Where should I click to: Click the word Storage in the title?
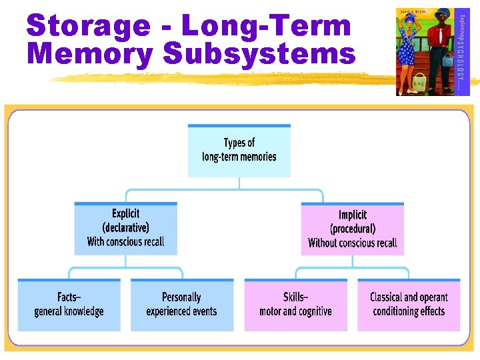[88, 26]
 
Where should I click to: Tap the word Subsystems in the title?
[259, 54]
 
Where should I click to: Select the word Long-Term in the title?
[266, 26]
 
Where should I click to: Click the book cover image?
[433, 51]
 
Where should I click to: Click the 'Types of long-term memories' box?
[239, 151]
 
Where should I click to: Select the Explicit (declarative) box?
[125, 228]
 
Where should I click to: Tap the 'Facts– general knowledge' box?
[69, 305]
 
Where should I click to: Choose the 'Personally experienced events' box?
[181, 305]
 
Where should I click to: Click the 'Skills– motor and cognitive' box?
[295, 305]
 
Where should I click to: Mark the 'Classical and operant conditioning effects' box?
[409, 305]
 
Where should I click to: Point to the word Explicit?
[125, 213]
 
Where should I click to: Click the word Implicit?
[352, 215]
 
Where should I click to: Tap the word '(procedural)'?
[352, 229]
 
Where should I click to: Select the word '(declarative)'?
[125, 227]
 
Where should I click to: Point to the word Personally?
[181, 297]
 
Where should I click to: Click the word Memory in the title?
[90, 54]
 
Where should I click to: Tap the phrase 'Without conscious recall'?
[352, 243]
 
